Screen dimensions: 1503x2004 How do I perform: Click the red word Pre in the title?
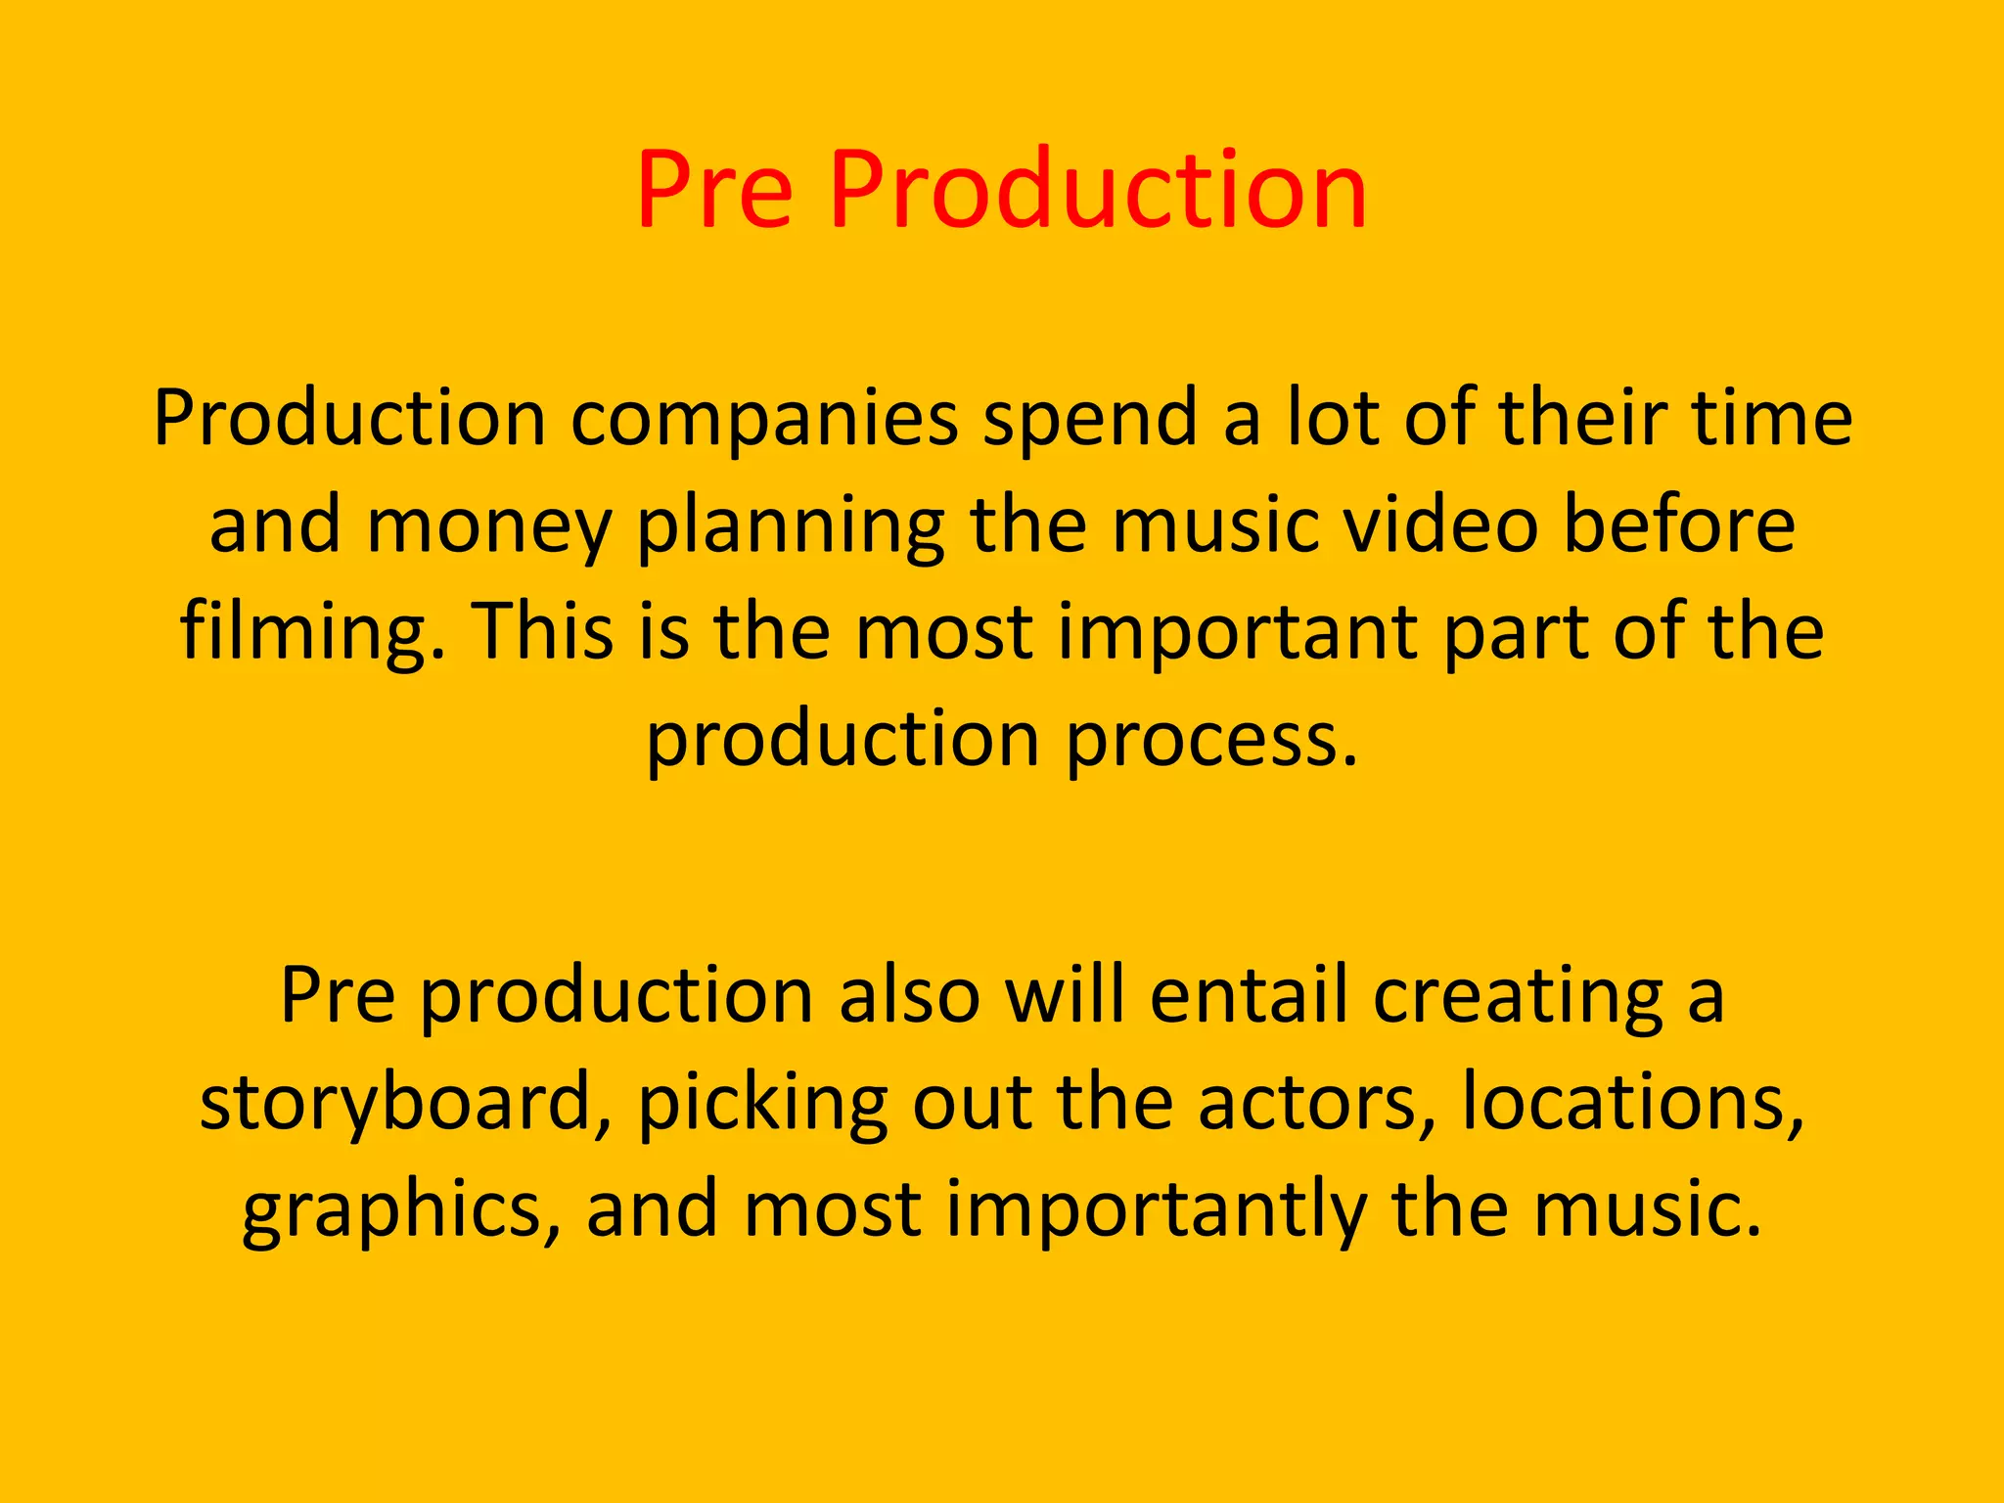click(x=714, y=190)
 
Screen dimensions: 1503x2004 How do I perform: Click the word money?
click(x=489, y=526)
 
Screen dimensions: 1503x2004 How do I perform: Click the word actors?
click(x=1317, y=1104)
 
